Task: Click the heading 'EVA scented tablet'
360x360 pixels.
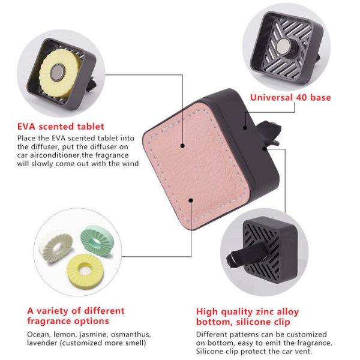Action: pos(61,127)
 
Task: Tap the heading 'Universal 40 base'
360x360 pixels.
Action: pos(290,97)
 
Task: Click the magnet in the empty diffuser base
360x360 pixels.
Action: pos(283,46)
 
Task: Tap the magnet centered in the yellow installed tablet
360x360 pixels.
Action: pos(57,73)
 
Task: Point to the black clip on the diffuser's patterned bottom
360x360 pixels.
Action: pos(247,254)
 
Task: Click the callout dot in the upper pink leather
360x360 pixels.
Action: pos(182,146)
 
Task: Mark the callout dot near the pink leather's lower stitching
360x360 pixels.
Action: pos(191,200)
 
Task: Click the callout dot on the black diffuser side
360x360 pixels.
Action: pos(245,128)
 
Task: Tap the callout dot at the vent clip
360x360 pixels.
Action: pos(265,149)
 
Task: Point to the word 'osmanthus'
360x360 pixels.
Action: pos(131,335)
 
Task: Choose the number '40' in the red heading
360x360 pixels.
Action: pos(302,97)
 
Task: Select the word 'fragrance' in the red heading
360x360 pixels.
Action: pos(49,321)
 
